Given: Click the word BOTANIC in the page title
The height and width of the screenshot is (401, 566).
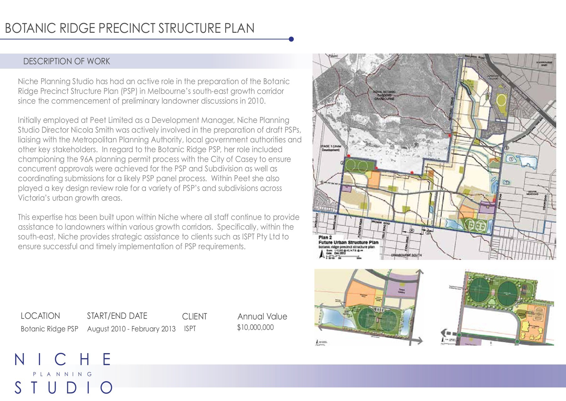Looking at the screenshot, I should click(27, 28).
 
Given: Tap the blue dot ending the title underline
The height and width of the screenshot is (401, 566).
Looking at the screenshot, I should click(291, 39).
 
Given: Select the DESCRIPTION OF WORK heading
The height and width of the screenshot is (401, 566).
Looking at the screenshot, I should click(67, 61).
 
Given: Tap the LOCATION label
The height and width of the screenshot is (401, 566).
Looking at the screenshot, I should click(40, 316).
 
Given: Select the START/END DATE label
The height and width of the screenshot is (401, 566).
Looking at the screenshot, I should click(117, 316).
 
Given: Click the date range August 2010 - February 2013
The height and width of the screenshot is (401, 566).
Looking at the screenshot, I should click(131, 329).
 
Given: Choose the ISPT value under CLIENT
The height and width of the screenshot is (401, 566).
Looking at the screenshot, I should click(190, 329).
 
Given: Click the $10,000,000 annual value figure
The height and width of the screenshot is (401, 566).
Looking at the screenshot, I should click(255, 327).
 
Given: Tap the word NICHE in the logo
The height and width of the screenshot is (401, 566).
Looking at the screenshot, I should click(63, 360).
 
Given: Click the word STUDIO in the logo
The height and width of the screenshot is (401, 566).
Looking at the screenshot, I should click(64, 388).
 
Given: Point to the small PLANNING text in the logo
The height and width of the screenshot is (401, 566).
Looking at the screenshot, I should click(63, 374).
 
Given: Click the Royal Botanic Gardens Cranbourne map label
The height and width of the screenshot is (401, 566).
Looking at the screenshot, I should click(384, 95).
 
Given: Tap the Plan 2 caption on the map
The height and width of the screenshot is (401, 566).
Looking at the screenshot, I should click(325, 238).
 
